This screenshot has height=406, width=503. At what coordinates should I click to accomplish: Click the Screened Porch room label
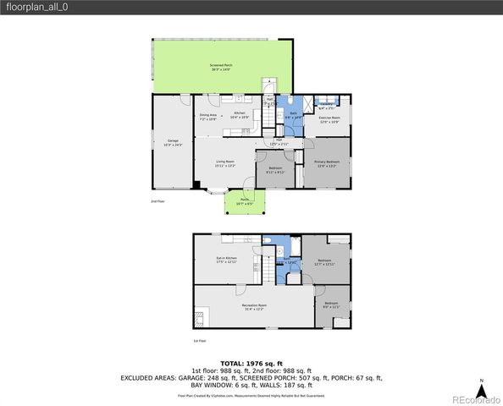coord(222,67)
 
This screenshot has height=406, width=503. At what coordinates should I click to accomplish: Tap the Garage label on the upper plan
coord(173,142)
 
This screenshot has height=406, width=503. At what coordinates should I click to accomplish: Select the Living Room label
coord(224,163)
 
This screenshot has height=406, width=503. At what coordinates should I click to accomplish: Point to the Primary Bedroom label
coord(327,163)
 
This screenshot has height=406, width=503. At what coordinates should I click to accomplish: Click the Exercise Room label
coord(329,120)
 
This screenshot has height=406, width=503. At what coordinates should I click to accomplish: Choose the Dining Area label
coord(208,117)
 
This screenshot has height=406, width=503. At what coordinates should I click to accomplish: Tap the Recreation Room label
coord(254,306)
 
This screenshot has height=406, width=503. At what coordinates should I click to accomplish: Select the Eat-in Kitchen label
coord(226,260)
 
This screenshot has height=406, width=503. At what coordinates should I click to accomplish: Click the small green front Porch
coord(245,201)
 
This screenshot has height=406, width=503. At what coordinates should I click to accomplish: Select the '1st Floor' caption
coord(200,341)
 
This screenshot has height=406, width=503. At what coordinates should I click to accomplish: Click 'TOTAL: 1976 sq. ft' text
coord(251,362)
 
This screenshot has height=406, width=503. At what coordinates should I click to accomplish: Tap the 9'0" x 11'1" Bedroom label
coord(330,305)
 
